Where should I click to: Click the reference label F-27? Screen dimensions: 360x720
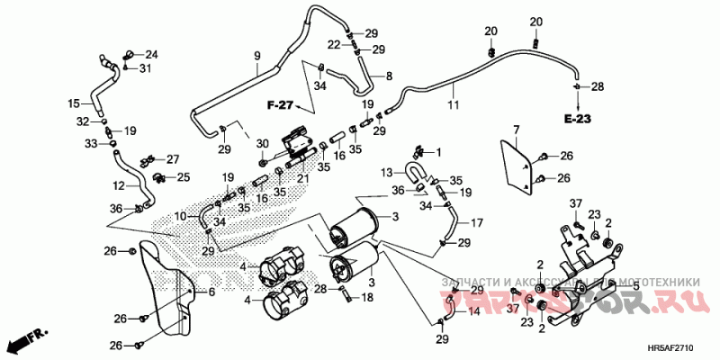[x=280, y=106]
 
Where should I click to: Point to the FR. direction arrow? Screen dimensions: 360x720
[x=25, y=341]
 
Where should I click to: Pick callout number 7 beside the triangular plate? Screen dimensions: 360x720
[x=517, y=132]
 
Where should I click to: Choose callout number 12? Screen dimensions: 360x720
[x=119, y=186]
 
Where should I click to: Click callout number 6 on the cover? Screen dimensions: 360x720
[x=211, y=292]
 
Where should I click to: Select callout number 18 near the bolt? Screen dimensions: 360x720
[x=367, y=296]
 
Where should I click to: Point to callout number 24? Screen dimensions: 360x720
[x=150, y=54]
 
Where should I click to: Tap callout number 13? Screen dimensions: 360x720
[x=385, y=171]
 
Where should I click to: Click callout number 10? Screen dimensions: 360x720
[x=181, y=216]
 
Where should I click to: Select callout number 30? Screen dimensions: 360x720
[x=262, y=145]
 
